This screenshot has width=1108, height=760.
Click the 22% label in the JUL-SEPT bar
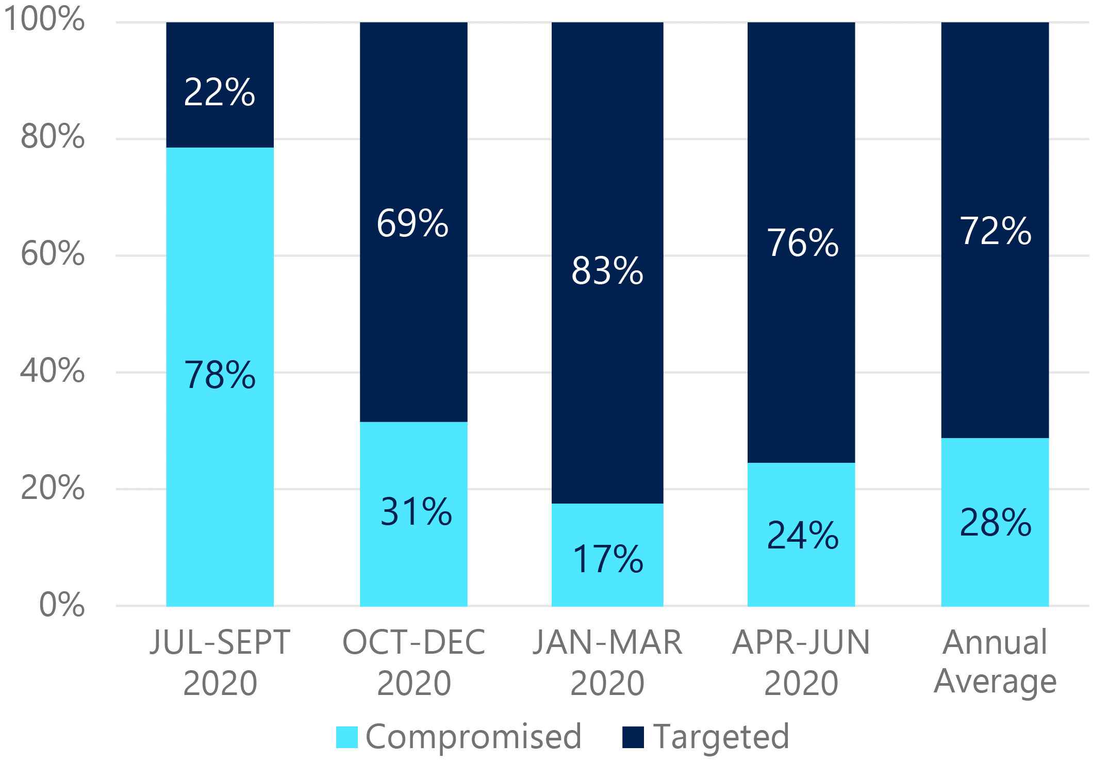pyautogui.click(x=220, y=92)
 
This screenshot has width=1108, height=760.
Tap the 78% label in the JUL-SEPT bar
pyautogui.click(x=220, y=375)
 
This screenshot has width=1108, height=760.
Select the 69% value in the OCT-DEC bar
pyautogui.click(x=412, y=223)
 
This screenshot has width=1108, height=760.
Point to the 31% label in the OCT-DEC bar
pyautogui.click(x=416, y=512)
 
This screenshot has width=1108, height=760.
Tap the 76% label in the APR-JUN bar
pyautogui.click(x=803, y=242)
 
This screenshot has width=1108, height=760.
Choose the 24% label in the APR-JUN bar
pyautogui.click(x=803, y=535)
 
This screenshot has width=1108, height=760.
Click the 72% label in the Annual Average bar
pyautogui.click(x=995, y=231)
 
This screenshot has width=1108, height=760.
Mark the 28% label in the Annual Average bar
pyautogui.click(x=995, y=523)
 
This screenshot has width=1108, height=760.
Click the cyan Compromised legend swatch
pyautogui.click(x=346, y=737)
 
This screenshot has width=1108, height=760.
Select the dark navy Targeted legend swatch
pyautogui.click(x=633, y=737)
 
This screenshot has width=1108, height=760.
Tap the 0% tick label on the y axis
pyautogui.click(x=62, y=604)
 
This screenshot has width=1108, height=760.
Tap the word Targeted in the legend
pyautogui.click(x=721, y=737)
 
